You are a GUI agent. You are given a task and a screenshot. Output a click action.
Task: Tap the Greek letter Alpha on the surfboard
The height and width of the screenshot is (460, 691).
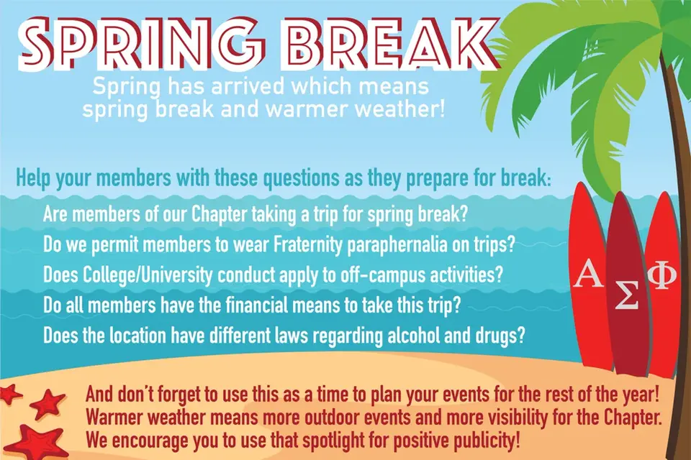tap(588, 274)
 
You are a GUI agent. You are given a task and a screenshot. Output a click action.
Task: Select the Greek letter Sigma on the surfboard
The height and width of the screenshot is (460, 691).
tap(626, 295)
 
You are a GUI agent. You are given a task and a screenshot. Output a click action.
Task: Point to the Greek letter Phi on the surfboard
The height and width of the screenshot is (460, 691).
tap(662, 275)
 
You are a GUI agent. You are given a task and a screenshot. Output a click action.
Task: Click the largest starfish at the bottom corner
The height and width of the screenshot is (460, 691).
tap(35, 443)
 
